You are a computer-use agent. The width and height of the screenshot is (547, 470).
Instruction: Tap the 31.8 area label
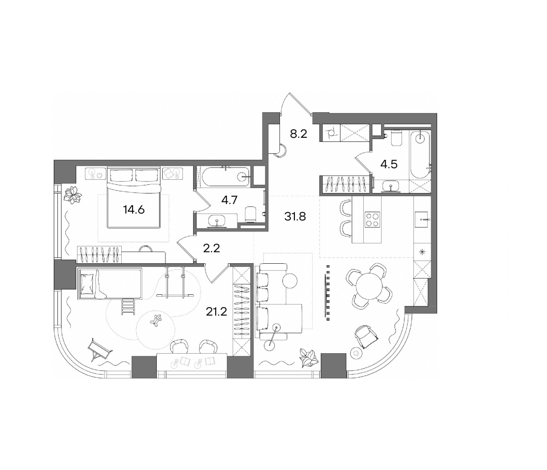pos(295,216)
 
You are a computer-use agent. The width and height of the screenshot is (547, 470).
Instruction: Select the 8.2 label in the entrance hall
pos(299,134)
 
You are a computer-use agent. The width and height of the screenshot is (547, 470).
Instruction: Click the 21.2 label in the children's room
pos(217,312)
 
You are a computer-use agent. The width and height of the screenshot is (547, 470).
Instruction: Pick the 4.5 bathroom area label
pos(389,164)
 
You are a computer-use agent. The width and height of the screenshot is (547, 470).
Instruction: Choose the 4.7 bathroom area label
pos(229,200)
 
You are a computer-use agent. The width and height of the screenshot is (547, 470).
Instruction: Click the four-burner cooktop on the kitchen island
pos(372,219)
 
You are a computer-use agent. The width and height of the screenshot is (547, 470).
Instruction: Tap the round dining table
pos(369,286)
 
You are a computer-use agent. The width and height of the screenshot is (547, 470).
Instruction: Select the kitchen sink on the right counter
pos(421,219)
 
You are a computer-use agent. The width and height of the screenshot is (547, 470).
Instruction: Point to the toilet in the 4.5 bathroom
pos(396,139)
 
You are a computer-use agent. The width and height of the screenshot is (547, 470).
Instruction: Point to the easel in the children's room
pos(100,350)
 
